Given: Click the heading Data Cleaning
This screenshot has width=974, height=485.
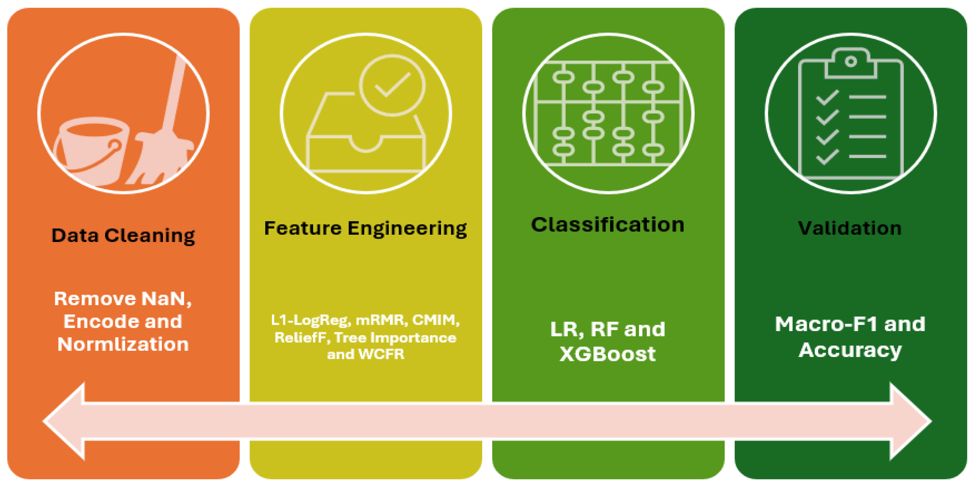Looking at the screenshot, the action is point(123,236).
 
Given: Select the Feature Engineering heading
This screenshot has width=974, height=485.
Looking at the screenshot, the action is point(366,229).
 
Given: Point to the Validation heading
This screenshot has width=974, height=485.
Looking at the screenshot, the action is point(850,228).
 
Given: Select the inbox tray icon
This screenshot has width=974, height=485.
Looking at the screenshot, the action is point(366,132).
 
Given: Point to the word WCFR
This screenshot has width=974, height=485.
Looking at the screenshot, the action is point(381,354).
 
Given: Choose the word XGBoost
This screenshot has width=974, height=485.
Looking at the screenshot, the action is point(608,354).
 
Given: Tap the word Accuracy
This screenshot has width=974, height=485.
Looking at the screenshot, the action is point(850,350).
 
